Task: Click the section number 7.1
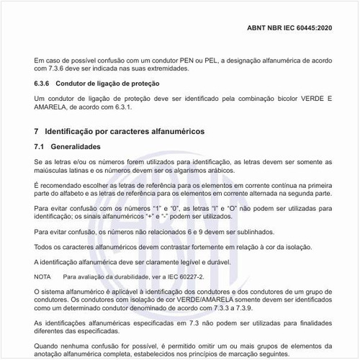click(40, 148)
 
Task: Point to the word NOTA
click(42, 276)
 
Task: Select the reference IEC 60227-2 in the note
click(184, 276)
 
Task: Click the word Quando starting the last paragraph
click(48, 344)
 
